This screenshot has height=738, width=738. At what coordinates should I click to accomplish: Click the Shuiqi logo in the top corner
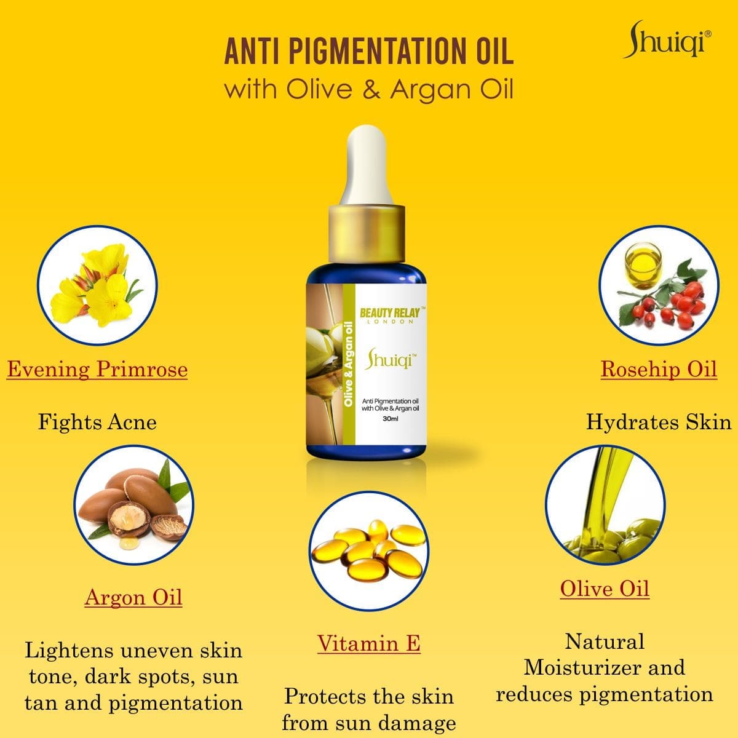click(667, 40)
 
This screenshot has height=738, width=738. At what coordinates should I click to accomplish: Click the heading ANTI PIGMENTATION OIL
click(369, 51)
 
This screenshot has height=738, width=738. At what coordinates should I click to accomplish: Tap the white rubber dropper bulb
click(367, 165)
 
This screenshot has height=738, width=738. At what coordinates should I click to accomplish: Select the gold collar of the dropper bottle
click(367, 234)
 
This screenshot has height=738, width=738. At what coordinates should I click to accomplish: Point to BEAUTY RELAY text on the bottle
click(390, 313)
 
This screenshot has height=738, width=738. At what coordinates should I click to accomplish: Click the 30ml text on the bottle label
click(391, 419)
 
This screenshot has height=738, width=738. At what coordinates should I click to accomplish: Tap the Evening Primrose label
click(97, 369)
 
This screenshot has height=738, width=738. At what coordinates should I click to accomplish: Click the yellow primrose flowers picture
click(97, 285)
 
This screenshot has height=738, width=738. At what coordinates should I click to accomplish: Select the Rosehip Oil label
click(659, 369)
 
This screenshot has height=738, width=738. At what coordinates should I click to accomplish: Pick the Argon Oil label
click(133, 597)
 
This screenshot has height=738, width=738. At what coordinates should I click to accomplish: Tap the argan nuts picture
click(133, 505)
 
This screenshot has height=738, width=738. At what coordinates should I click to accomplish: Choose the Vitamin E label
click(369, 643)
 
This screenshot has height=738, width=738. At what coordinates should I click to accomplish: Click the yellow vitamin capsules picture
click(369, 551)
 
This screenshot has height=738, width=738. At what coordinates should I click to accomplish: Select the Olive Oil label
click(605, 589)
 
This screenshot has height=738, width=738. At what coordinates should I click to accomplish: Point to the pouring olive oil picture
click(605, 505)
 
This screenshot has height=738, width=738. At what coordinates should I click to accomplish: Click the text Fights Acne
click(97, 423)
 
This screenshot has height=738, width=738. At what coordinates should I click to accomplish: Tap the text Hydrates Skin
click(659, 423)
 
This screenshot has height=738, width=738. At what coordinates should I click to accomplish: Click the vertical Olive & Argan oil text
click(349, 363)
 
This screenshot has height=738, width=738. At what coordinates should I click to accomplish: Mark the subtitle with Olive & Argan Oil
click(369, 89)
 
